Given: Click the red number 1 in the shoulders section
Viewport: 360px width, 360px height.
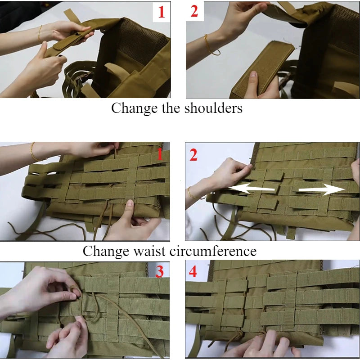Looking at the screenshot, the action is click(x=162, y=12).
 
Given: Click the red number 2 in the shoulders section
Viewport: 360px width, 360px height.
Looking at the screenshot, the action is click(x=194, y=11).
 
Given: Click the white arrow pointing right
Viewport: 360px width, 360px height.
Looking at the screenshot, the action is click(x=322, y=189).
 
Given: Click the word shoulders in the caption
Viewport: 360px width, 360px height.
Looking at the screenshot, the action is click(x=213, y=108).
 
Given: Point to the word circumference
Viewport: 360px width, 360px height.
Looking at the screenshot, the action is click(x=213, y=251).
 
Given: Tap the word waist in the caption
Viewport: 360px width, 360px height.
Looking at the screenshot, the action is click(x=149, y=251).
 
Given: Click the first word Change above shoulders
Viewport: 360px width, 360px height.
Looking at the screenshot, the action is click(x=134, y=108).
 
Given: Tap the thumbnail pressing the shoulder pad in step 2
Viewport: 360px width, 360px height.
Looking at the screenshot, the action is click(x=253, y=74).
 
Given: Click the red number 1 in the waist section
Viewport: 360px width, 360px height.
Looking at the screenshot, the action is click(x=160, y=154).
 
